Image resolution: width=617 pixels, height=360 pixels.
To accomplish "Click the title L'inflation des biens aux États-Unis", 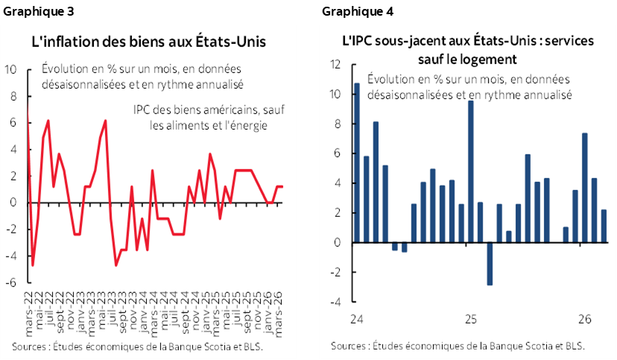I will [x=148, y=40].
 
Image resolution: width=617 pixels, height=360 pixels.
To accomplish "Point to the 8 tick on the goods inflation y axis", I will [x=11, y=96].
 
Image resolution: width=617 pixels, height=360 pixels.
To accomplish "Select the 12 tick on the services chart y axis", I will [x=335, y=65].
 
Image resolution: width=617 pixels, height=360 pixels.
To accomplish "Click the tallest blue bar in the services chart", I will [x=357, y=162].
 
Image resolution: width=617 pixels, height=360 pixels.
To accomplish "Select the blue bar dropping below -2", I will [x=490, y=263].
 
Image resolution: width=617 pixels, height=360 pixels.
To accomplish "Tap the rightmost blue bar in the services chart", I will [x=604, y=226].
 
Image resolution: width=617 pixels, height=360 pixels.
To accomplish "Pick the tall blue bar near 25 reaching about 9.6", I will [x=471, y=171].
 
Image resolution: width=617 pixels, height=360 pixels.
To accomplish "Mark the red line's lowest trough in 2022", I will [x=33, y=265].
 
